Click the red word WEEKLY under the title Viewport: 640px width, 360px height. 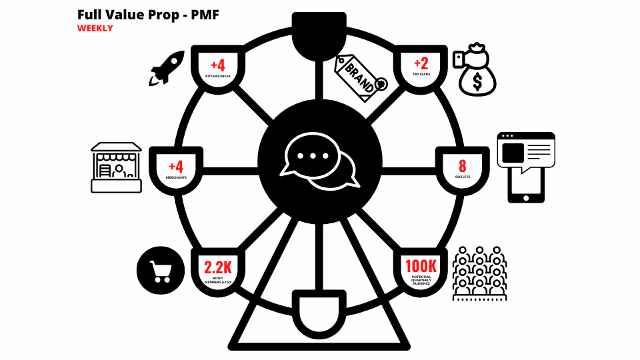[95, 29]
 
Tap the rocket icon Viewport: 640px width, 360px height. [166, 69]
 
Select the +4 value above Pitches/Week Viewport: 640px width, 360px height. [217, 66]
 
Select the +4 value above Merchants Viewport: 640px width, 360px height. [176, 165]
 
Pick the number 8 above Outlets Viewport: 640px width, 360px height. [463, 166]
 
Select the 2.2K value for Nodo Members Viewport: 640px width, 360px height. [217, 268]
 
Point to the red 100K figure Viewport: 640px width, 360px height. [421, 266]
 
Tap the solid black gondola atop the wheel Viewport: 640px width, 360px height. [319, 37]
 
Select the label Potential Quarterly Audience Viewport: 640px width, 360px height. [421, 281]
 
